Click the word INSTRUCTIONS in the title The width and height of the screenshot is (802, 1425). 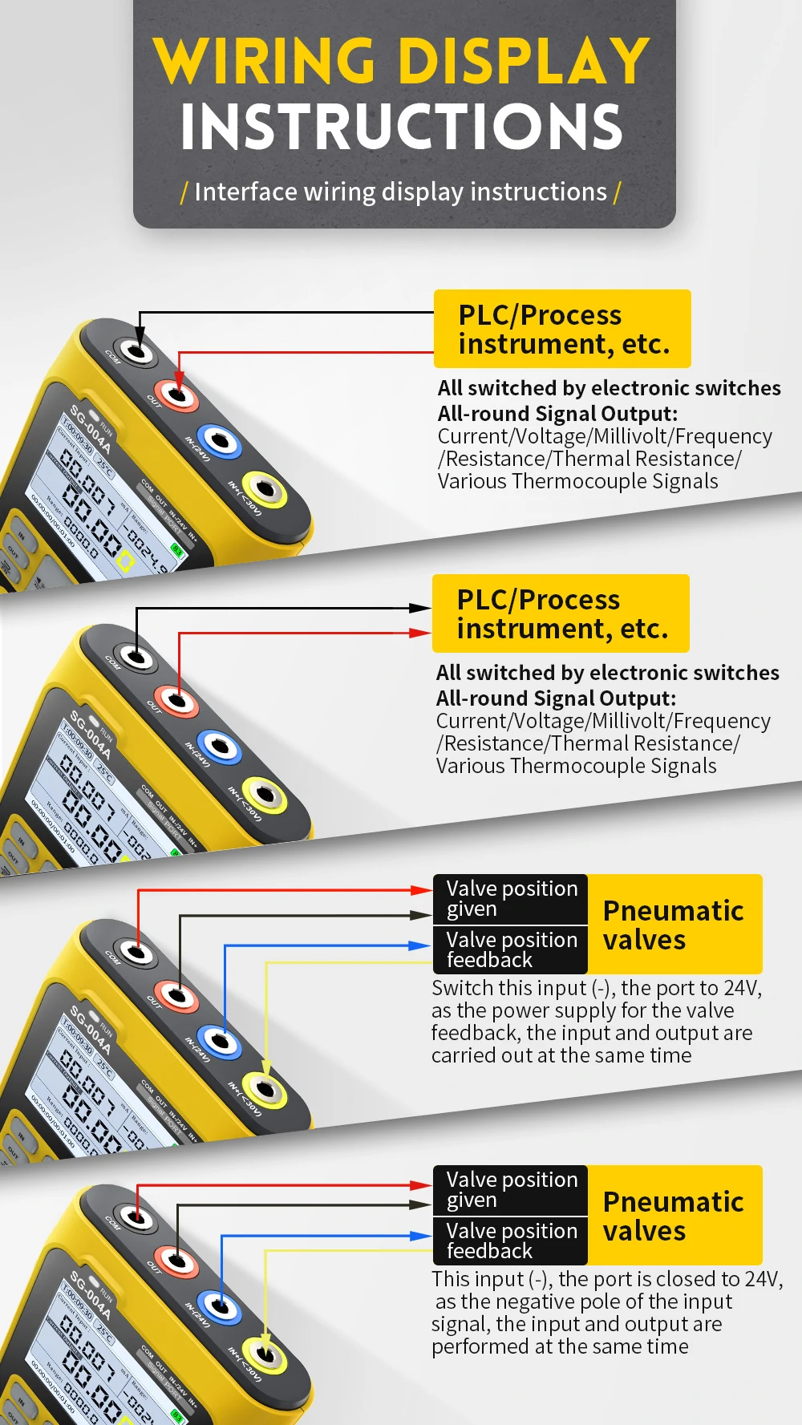[401, 127]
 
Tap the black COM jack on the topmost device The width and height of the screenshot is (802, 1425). [137, 351]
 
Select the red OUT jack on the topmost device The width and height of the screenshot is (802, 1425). [177, 395]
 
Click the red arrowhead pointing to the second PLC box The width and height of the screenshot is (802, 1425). [420, 633]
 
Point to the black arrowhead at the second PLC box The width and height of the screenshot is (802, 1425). [420, 608]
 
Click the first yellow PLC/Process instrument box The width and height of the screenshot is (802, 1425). [561, 329]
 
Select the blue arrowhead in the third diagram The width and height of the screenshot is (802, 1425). [420, 945]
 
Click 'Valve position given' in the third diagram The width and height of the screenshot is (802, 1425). [511, 898]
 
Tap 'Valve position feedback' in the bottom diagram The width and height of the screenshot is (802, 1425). [511, 1241]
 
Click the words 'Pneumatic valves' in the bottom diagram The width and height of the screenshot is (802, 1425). [673, 1216]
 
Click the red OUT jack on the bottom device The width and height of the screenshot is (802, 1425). [177, 1262]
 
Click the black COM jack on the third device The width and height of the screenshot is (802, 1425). [137, 953]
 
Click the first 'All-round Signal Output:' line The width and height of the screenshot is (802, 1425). [557, 414]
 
